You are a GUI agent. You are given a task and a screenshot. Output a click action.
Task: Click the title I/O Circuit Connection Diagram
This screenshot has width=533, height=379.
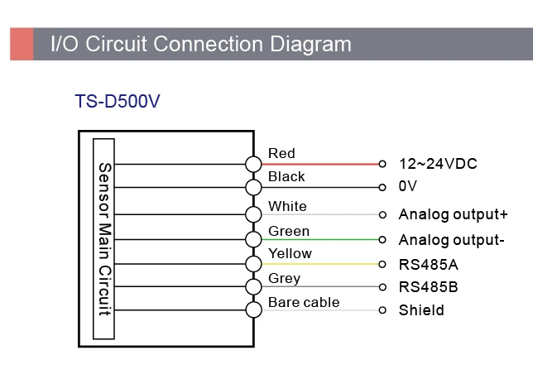point(201,43)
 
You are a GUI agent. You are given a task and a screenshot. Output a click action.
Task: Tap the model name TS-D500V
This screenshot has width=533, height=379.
point(118,102)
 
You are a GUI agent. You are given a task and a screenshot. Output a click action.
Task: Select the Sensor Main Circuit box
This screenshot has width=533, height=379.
point(104,238)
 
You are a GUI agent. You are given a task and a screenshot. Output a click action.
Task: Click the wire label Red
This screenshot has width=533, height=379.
point(281,153)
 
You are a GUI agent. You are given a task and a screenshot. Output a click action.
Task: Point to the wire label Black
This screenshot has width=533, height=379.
point(286,176)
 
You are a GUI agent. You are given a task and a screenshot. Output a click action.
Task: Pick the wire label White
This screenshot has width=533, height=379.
point(287,206)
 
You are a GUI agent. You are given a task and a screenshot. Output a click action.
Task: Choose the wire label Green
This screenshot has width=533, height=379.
point(289,231)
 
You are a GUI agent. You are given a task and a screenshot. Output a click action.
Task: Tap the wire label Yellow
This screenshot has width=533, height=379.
point(290,253)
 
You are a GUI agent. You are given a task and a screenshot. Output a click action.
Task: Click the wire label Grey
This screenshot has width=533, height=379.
point(284,278)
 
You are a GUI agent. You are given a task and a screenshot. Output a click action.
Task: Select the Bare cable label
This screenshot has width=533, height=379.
point(304,302)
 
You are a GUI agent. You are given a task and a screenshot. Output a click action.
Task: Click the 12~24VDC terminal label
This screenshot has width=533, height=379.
point(438,164)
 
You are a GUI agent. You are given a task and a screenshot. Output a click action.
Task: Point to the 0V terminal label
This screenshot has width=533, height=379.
point(408,187)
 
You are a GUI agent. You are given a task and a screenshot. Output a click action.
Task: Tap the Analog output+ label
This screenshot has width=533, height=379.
point(453,214)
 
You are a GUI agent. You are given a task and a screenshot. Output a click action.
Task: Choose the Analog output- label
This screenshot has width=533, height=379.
point(451,240)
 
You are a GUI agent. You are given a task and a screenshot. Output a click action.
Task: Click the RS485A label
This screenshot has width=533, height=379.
point(428,265)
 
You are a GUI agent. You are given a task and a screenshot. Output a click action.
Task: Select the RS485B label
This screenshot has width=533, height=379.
point(428,287)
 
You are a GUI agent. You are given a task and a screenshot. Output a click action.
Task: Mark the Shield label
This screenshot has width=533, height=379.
point(421,310)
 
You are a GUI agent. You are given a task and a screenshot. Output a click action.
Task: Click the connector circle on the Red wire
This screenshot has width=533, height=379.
point(253,164)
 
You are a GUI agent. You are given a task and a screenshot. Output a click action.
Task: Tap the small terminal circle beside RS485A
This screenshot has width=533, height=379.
point(382,265)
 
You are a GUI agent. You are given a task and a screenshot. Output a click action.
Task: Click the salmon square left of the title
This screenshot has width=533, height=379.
point(22,43)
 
